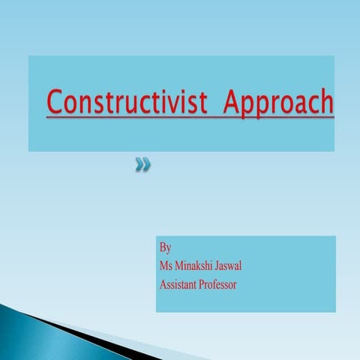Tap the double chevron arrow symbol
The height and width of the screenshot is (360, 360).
click(142, 164)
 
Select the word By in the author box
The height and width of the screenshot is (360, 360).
click(166, 247)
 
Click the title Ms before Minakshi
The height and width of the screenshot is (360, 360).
click(167, 265)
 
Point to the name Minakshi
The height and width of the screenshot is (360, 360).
click(196, 265)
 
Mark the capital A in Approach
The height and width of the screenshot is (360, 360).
click(232, 102)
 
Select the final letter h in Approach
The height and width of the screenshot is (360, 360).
click(325, 102)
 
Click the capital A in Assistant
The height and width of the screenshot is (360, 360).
click(163, 284)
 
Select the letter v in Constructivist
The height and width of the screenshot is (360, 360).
click(179, 104)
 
